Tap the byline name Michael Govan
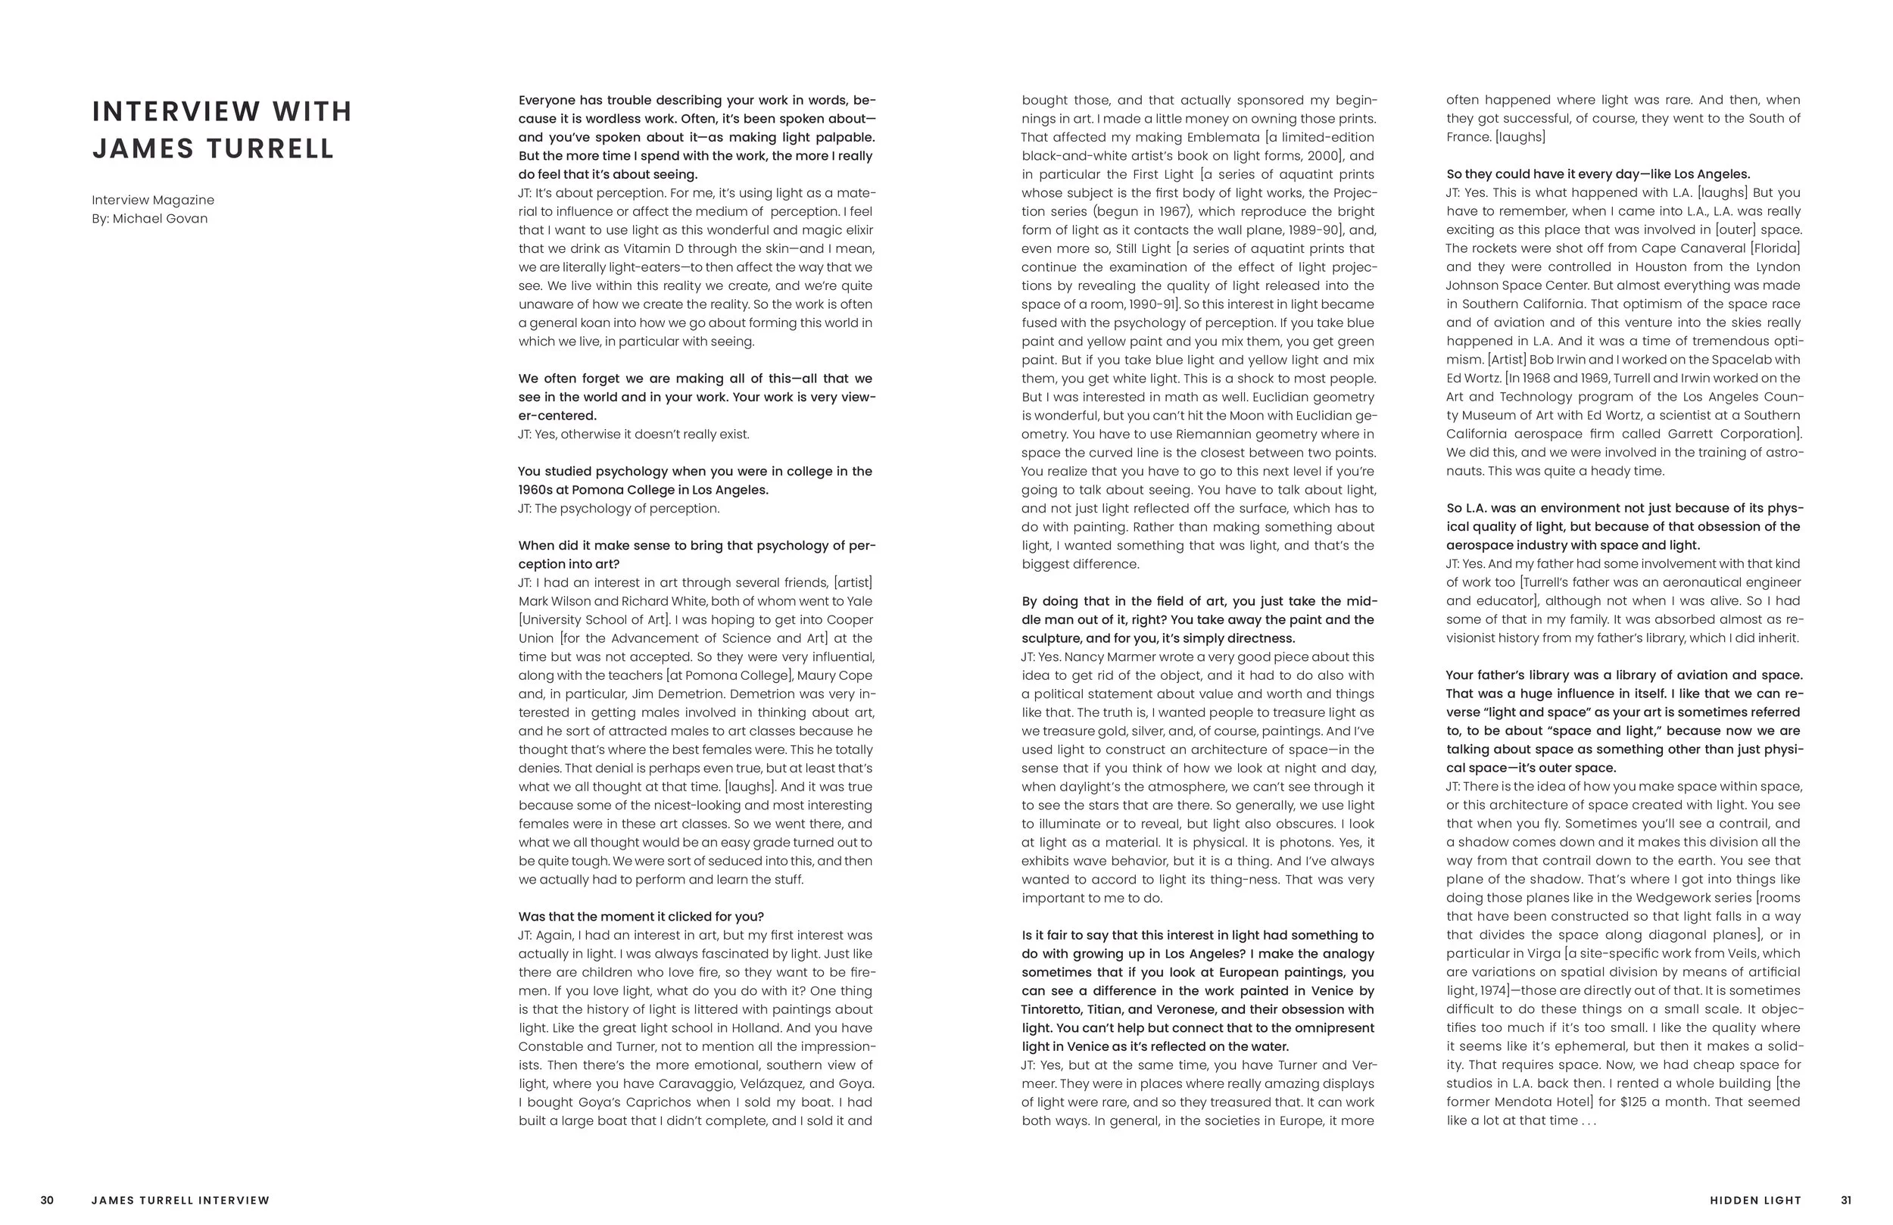(160, 219)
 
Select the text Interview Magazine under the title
(153, 201)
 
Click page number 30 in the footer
(47, 1200)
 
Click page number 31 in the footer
(1846, 1200)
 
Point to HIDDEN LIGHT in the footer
(1755, 1200)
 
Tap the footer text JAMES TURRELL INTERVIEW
(180, 1200)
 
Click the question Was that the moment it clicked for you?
(641, 917)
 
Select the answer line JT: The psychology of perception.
(619, 509)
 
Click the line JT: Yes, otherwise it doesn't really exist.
(633, 435)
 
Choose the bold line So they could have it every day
(1597, 174)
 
